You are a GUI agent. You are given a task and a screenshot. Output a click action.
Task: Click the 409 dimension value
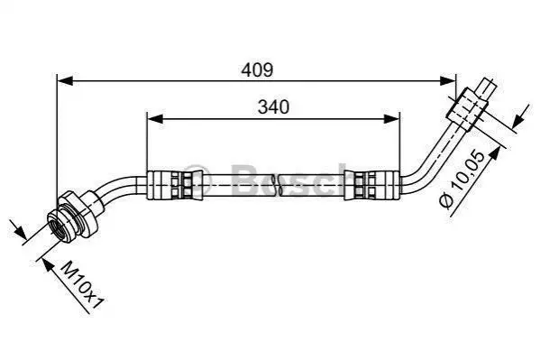257,70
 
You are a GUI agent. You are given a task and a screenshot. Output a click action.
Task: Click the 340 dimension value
274,107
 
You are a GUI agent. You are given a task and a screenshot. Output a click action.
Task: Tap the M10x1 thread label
82,285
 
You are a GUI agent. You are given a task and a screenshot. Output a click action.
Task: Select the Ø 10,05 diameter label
462,180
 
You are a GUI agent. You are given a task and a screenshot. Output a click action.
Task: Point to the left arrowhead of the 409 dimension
65,81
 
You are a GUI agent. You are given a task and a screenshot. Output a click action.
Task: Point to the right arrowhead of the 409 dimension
447,81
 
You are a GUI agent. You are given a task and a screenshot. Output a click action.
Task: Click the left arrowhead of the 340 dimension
155,119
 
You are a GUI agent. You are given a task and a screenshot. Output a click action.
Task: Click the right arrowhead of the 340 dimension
391,119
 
